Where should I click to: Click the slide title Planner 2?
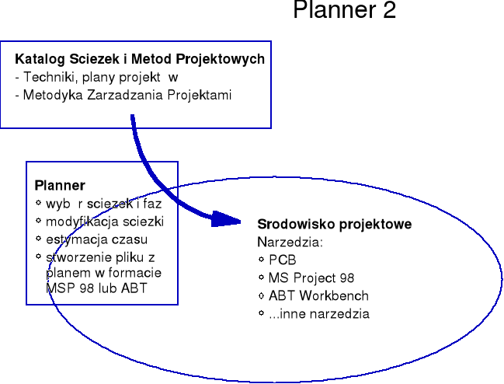(x=344, y=11)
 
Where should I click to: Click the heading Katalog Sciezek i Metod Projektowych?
(x=140, y=59)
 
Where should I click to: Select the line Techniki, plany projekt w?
(x=97, y=78)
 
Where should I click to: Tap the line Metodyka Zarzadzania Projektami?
(x=123, y=95)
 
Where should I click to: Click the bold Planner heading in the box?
(x=60, y=185)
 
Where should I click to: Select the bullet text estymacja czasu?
(x=96, y=239)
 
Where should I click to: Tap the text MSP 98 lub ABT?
(x=97, y=288)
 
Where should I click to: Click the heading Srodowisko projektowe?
(x=334, y=224)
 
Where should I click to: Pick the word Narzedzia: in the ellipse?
(x=290, y=242)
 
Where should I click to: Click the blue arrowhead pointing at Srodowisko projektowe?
(x=225, y=218)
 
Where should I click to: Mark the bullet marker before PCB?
(x=261, y=260)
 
